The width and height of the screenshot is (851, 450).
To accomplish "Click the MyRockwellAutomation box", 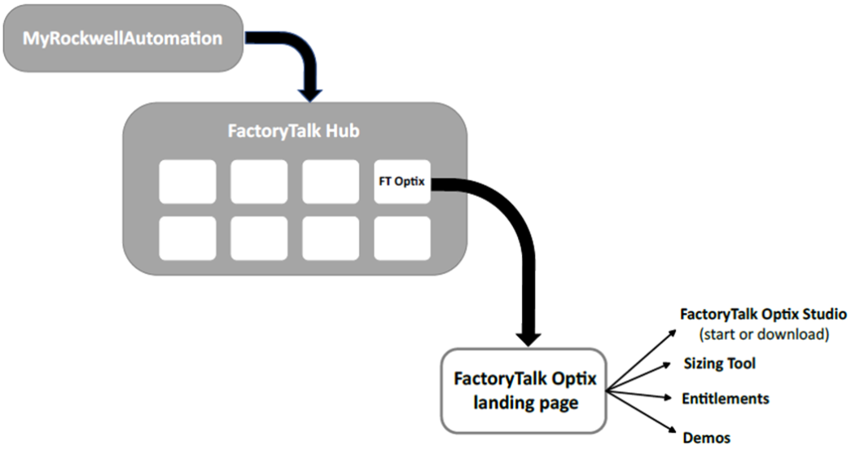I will point(122,38).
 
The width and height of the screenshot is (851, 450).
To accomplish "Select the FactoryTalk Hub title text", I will point(294,131).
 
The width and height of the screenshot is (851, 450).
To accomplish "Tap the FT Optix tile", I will point(401,182).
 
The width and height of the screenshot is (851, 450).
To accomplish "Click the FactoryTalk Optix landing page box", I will point(524,390).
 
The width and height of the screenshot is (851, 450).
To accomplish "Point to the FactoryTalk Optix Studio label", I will point(764,314).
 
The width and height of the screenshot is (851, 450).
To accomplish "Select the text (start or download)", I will point(763,333).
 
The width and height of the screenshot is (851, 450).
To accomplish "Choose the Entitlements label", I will point(726,399).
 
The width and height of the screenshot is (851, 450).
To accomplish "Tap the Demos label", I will point(706,438).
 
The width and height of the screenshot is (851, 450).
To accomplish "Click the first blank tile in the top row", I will point(187,182).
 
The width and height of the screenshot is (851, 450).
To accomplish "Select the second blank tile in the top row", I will point(259,182).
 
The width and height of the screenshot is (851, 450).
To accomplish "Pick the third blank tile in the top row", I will point(331,182).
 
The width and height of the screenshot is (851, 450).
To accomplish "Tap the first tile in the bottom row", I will point(187,238).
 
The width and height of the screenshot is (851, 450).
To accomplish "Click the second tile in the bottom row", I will point(259,238).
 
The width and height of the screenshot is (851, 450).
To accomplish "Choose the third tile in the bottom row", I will point(331,238).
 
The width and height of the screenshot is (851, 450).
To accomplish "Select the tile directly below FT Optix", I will point(401,238).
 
